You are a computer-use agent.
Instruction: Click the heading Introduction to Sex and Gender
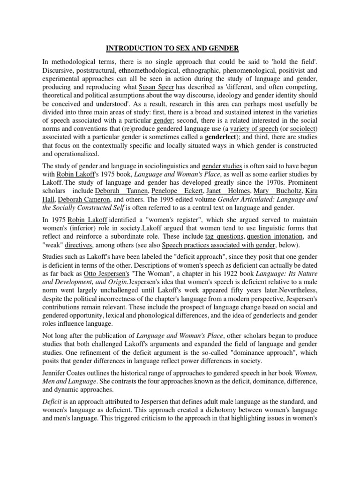[x=180, y=48]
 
